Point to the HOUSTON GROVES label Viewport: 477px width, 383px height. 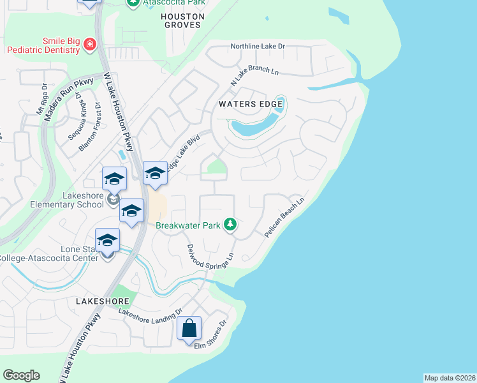(x=182, y=20)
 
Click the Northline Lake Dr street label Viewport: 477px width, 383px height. (x=258, y=47)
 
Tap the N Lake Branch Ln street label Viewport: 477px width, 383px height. (x=255, y=74)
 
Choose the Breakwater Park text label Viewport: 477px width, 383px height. (x=188, y=225)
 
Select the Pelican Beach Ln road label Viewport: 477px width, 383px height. (x=286, y=218)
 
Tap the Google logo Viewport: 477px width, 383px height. (x=21, y=375)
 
